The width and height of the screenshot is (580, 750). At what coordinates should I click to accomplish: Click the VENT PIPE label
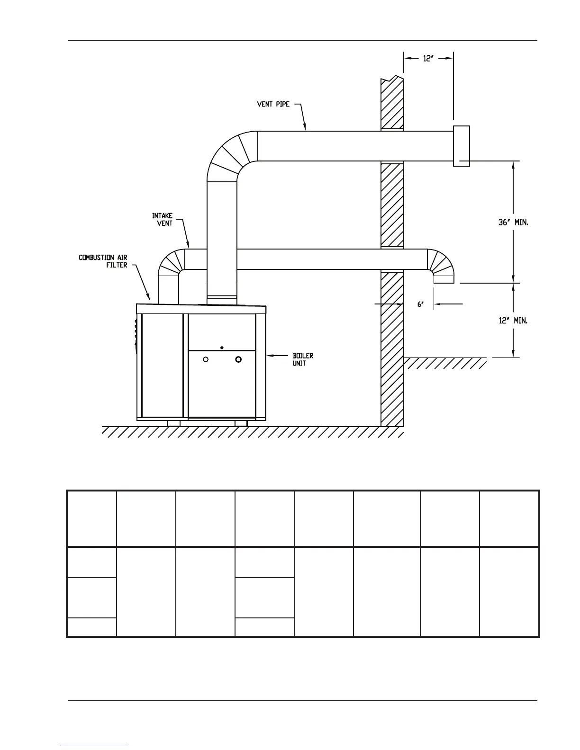point(273,104)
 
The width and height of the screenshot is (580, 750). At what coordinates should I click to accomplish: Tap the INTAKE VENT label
point(162,219)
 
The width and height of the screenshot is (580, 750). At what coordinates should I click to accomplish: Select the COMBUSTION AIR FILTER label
point(103,261)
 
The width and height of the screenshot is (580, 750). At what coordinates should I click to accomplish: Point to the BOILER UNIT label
point(303,359)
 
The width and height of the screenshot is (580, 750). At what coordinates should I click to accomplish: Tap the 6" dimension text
point(420,305)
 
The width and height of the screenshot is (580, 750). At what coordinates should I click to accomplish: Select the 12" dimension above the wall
point(428,59)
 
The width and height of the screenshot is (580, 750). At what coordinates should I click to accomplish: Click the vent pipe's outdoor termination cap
point(462,146)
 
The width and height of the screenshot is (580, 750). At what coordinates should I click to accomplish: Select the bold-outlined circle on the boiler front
point(238,359)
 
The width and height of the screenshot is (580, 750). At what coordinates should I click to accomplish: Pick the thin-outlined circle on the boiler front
point(206,359)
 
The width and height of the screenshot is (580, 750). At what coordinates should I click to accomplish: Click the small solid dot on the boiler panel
point(222,348)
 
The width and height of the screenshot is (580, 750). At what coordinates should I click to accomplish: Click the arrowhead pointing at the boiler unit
point(269,355)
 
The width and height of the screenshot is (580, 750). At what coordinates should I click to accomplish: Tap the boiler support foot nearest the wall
point(241,423)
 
